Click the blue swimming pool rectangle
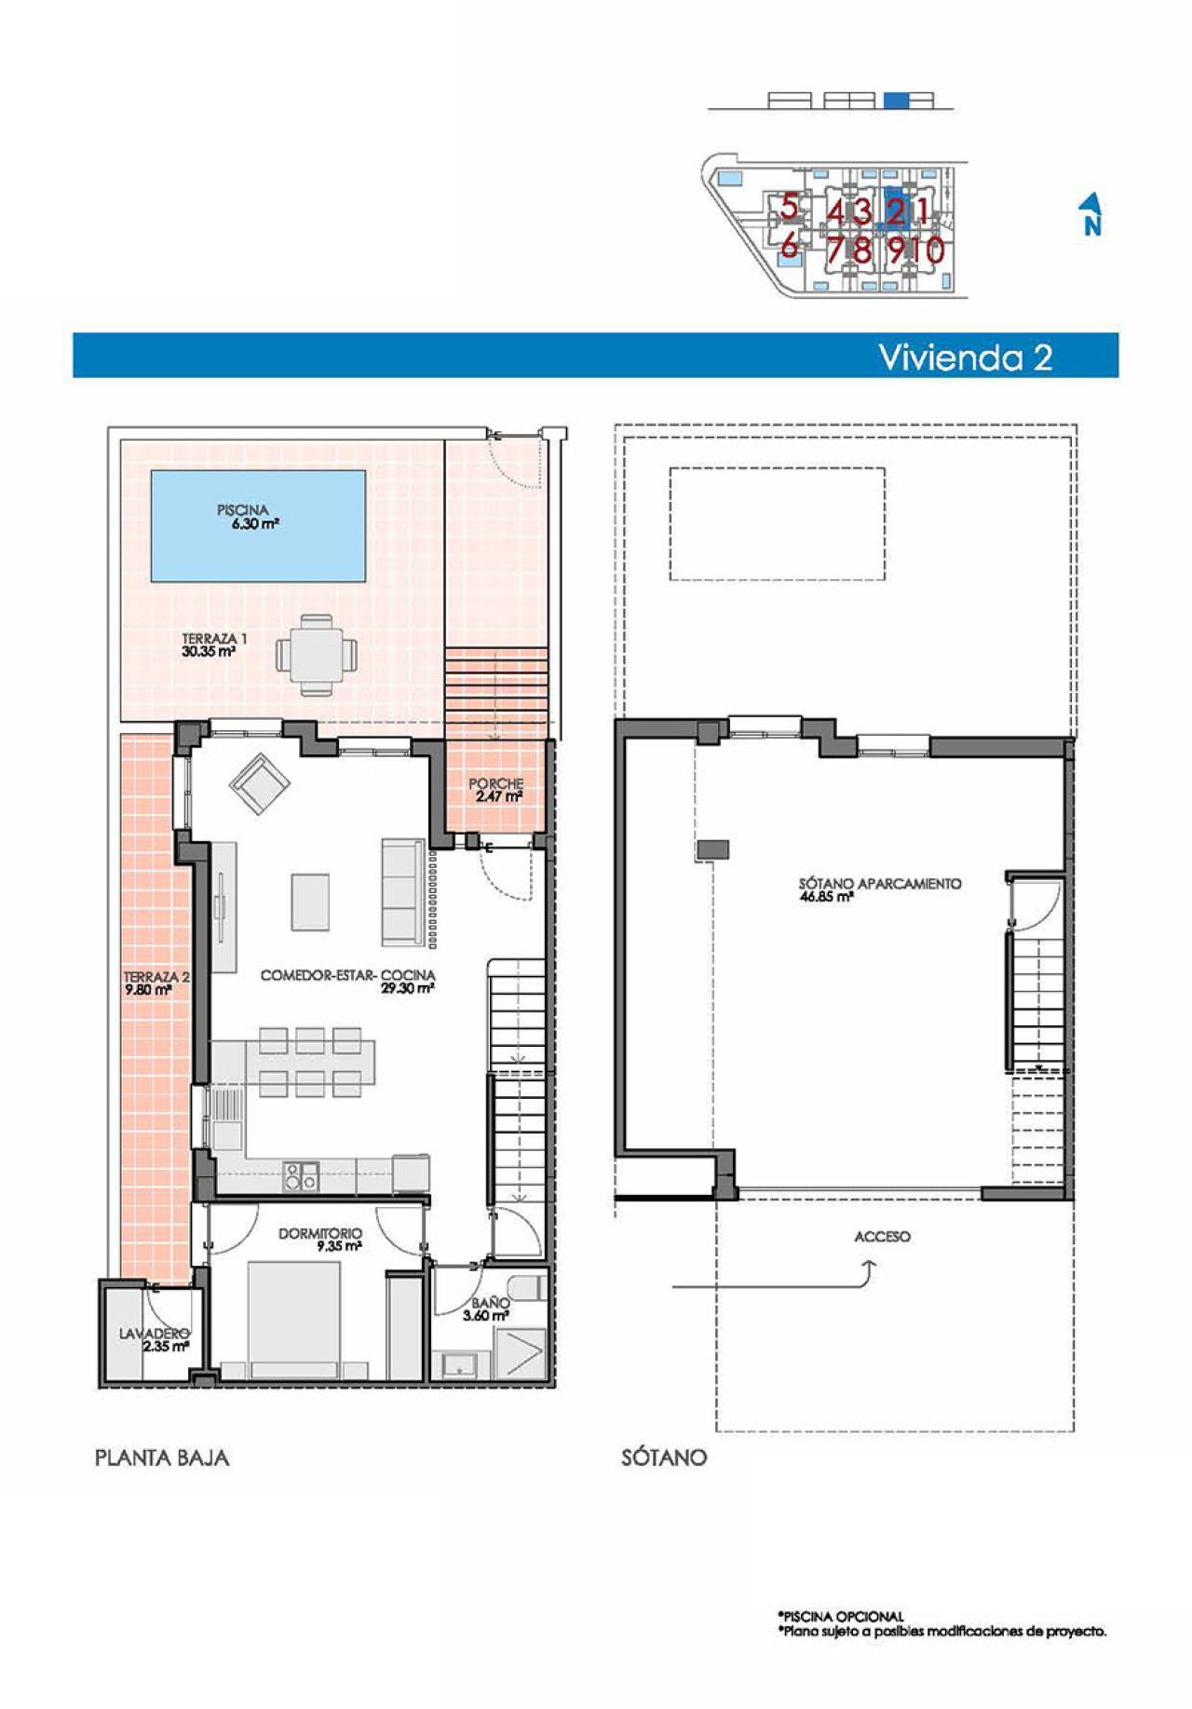[x=258, y=523]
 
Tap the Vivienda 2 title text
[x=966, y=357]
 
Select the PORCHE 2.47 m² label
[x=495, y=790]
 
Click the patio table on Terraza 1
[x=317, y=653]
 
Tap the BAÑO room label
[x=488, y=1302]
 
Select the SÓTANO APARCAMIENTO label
[x=879, y=884]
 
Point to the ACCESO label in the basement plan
[x=882, y=1237]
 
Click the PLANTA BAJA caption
[x=162, y=1458]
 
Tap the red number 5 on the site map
[x=789, y=207]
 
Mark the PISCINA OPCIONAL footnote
[x=840, y=1617]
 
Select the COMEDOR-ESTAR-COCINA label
[x=347, y=976]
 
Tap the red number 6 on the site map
[x=789, y=247]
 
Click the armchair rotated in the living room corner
[x=259, y=782]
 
